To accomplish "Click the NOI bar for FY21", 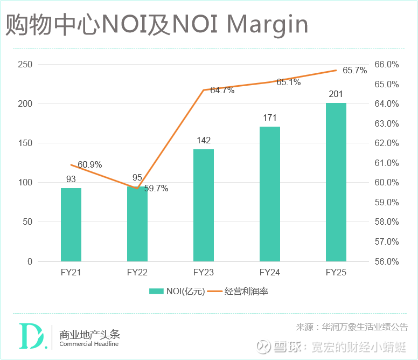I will [x=71, y=225].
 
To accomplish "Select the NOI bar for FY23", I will [x=204, y=205].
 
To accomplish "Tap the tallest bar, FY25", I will [x=336, y=182].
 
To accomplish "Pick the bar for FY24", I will [x=270, y=194].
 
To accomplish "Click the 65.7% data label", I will [x=354, y=71].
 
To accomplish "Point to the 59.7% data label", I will [x=156, y=189].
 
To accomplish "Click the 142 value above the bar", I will [x=204, y=140].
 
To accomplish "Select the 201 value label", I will [x=336, y=94].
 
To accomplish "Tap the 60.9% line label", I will [x=90, y=164].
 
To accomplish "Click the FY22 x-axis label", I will [x=137, y=273].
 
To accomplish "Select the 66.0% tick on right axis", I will [x=387, y=65].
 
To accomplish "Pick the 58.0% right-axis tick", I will [x=387, y=222].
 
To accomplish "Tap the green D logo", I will [x=30, y=336].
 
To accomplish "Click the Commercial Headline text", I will [x=89, y=344].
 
